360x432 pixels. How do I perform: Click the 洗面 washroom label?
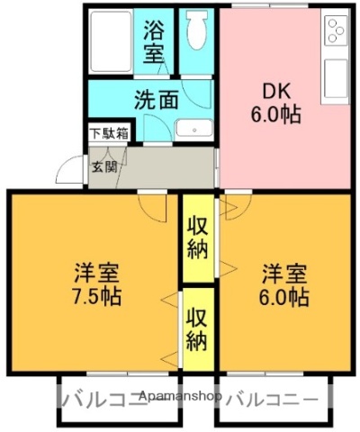click(156, 99)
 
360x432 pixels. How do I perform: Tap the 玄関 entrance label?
click(102, 166)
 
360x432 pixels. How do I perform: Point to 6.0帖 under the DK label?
click(275, 115)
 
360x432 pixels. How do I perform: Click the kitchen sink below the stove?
click(337, 76)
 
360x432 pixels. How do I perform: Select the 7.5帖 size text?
click(95, 296)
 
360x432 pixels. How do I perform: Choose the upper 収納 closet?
click(198, 237)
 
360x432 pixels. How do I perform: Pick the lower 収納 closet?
click(198, 328)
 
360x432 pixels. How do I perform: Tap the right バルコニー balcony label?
click(270, 399)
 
